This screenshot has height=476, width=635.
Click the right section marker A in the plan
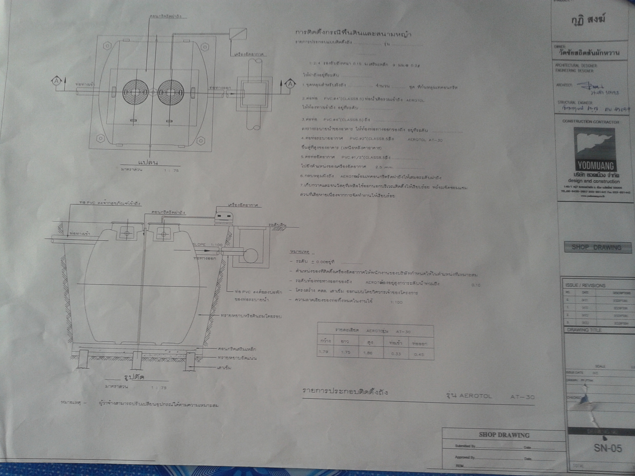[x=291, y=84]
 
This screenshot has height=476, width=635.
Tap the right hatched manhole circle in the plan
[x=171, y=92]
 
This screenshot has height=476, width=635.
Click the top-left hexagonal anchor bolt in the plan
[x=107, y=46]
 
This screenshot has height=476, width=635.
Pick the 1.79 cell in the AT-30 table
[x=324, y=352]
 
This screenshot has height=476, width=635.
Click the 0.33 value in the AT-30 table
[x=396, y=354]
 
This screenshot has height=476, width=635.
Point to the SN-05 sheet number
[x=608, y=448]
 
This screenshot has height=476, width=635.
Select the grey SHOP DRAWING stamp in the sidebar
[x=598, y=247]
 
